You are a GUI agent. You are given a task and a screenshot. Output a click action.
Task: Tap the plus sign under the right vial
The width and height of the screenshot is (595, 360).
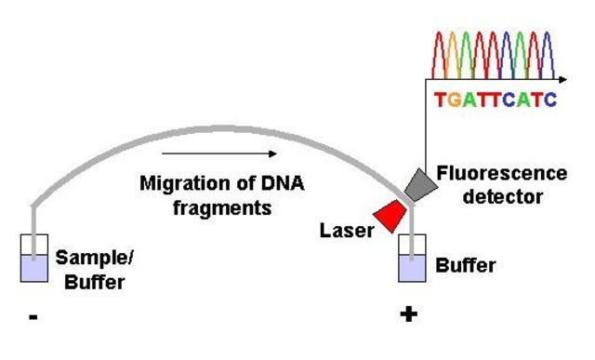point(407,315)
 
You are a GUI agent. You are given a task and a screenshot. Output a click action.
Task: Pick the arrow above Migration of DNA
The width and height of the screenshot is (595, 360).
point(218,153)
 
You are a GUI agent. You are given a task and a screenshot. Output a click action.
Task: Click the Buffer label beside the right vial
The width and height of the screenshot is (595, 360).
point(466,265)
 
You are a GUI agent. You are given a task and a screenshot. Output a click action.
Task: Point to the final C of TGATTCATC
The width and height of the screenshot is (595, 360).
point(551,97)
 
